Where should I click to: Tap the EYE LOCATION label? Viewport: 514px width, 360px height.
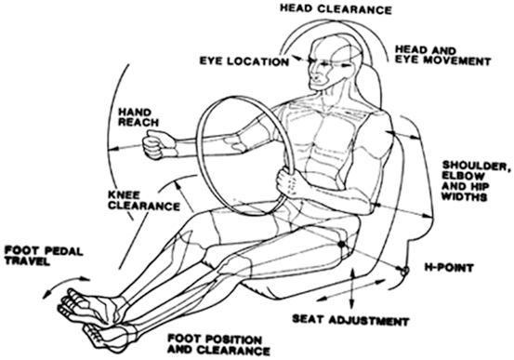[244, 61]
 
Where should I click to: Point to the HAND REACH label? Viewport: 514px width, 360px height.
[138, 116]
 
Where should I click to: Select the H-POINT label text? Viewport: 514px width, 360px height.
[449, 267]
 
